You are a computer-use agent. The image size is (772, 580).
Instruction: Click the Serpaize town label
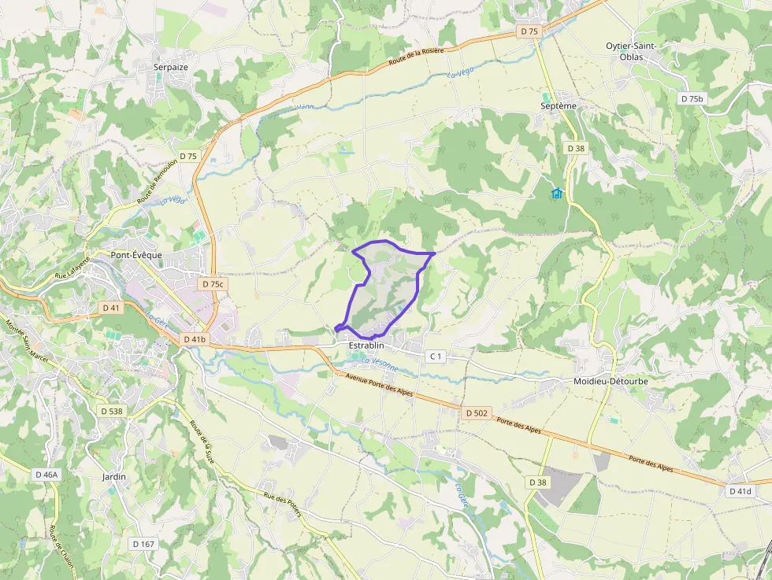point(171,68)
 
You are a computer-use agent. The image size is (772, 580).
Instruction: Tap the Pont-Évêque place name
point(136,255)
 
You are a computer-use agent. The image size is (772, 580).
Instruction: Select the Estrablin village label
point(366,345)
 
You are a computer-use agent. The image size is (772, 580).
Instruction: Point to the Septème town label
point(559,105)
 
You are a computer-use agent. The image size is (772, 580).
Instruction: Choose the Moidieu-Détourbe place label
point(611,381)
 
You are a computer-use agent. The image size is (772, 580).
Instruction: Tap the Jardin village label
point(114,477)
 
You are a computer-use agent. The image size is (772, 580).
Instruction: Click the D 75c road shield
point(213,284)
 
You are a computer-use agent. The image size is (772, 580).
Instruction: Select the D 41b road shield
point(195,339)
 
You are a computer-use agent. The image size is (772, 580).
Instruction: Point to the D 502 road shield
point(477,412)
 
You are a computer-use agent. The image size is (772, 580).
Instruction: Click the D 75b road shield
point(692,98)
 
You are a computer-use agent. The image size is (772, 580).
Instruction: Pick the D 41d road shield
point(740,491)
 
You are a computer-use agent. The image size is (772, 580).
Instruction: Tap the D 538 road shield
point(113,411)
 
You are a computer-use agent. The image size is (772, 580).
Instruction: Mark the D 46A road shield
point(46,475)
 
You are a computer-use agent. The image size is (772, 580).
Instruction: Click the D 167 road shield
point(143,544)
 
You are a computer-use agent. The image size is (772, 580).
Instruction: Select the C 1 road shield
point(436,356)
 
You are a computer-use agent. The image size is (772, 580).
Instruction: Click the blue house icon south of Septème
point(558,193)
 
